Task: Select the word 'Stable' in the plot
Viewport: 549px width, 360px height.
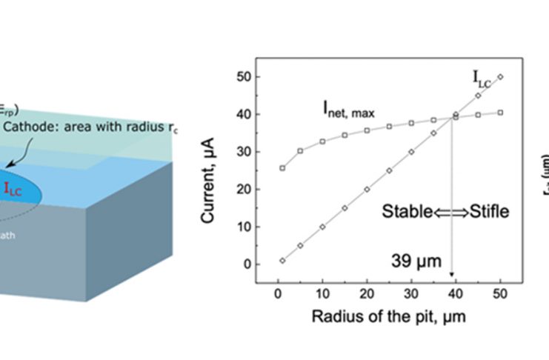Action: pyautogui.click(x=407, y=212)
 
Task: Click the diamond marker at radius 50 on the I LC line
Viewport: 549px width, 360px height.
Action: pyautogui.click(x=500, y=76)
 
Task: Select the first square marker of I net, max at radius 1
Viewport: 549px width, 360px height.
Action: pyautogui.click(x=283, y=168)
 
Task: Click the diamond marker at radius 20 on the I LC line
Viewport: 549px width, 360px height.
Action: pyautogui.click(x=367, y=189)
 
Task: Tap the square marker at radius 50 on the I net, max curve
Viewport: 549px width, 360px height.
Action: pyautogui.click(x=500, y=113)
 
